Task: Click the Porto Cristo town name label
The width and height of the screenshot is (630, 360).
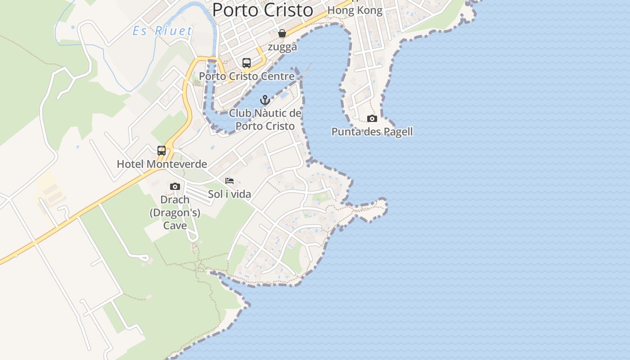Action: point(262,10)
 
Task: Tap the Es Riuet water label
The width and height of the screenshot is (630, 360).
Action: point(162,31)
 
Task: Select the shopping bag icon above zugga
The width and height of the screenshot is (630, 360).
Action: point(282,33)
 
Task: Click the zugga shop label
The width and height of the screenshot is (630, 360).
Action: point(282,47)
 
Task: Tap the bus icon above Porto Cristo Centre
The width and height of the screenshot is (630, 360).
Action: point(247,63)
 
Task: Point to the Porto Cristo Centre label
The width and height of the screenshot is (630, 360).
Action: point(247,76)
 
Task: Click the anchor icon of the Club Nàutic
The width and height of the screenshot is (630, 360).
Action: point(265,100)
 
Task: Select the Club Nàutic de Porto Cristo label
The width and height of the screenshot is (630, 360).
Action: point(265,119)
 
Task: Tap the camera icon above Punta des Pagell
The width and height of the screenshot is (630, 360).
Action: point(372,118)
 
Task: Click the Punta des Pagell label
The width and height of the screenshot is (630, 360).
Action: point(372,132)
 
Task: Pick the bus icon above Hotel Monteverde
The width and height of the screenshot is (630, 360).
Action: point(162,151)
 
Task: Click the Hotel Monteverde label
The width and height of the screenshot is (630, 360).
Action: point(162,164)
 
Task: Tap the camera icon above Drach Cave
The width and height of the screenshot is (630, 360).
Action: point(175,186)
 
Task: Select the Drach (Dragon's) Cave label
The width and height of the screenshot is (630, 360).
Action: point(175,212)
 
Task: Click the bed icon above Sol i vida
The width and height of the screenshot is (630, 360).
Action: point(229,181)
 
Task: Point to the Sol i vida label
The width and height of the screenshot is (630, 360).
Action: point(229,194)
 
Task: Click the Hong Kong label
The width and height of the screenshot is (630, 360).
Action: point(355,10)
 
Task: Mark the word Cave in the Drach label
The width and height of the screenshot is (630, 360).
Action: point(175,225)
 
